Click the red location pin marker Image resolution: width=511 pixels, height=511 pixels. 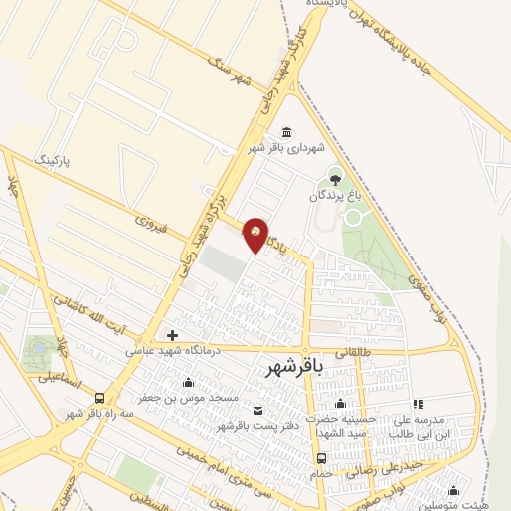click(256, 233)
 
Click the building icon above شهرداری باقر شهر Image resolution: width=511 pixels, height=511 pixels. click(287, 133)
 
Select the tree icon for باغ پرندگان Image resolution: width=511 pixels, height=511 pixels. click(335, 179)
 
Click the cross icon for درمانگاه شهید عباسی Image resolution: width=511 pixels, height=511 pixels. click(173, 336)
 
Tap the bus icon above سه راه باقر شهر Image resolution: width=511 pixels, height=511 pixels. click(99, 399)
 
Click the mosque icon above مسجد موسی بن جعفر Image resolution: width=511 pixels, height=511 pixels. click(189, 383)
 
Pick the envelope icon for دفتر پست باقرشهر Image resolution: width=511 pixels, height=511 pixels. click(258, 411)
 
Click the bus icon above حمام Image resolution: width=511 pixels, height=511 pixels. click(320, 458)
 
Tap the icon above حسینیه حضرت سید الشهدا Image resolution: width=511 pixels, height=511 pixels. click(341, 404)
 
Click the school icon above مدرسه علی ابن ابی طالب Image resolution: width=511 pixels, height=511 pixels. click(418, 404)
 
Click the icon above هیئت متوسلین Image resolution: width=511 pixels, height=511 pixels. click(455, 490)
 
